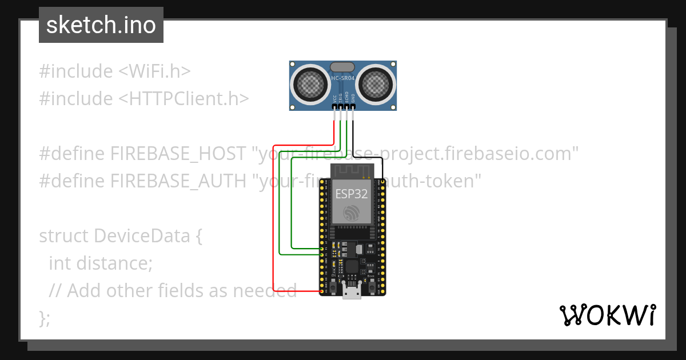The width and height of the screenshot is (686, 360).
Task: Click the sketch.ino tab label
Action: pos(101,26)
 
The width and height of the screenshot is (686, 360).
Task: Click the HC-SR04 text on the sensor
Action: pos(343,77)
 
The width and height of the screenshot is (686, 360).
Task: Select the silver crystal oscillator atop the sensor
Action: pos(342,67)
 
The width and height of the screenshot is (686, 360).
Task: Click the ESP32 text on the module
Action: pos(351,194)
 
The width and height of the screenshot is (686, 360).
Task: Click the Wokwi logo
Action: pos(607,315)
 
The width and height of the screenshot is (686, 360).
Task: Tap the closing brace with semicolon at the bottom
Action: pos(45,318)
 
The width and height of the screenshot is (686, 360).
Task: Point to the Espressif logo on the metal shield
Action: pos(351,214)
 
